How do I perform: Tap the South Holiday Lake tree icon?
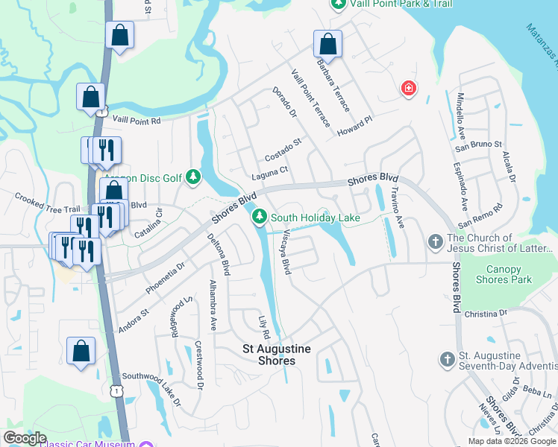pyautogui.click(x=259, y=217)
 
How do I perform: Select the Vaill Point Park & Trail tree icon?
pyautogui.click(x=338, y=4)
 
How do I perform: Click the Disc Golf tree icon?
pyautogui.click(x=194, y=177)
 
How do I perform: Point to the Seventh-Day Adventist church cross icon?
pyautogui.click(x=447, y=360)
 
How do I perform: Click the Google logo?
pyautogui.click(x=25, y=438)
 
